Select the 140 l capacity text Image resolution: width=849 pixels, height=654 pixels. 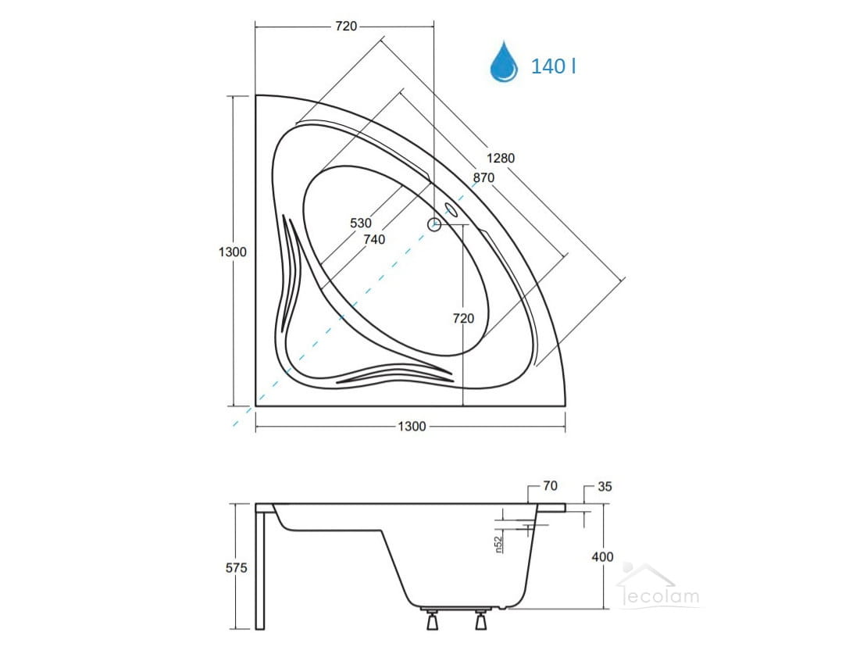553,66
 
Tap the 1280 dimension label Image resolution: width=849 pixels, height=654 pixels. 501,158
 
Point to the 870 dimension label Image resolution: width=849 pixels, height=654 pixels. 483,177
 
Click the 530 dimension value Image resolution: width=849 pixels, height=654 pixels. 361,223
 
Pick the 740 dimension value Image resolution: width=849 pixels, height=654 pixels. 374,240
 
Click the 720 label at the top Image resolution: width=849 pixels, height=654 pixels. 346,26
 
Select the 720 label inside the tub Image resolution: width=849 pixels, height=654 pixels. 463,319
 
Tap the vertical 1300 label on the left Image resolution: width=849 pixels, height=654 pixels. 232,252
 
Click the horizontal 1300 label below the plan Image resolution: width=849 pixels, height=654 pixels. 412,427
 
